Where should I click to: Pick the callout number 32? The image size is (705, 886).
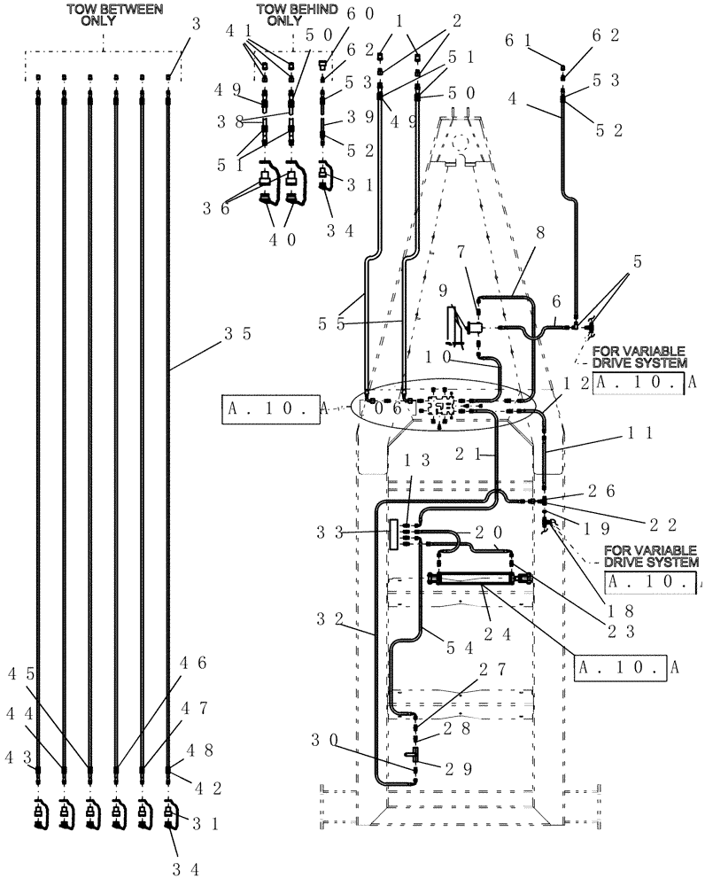click(x=329, y=619)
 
